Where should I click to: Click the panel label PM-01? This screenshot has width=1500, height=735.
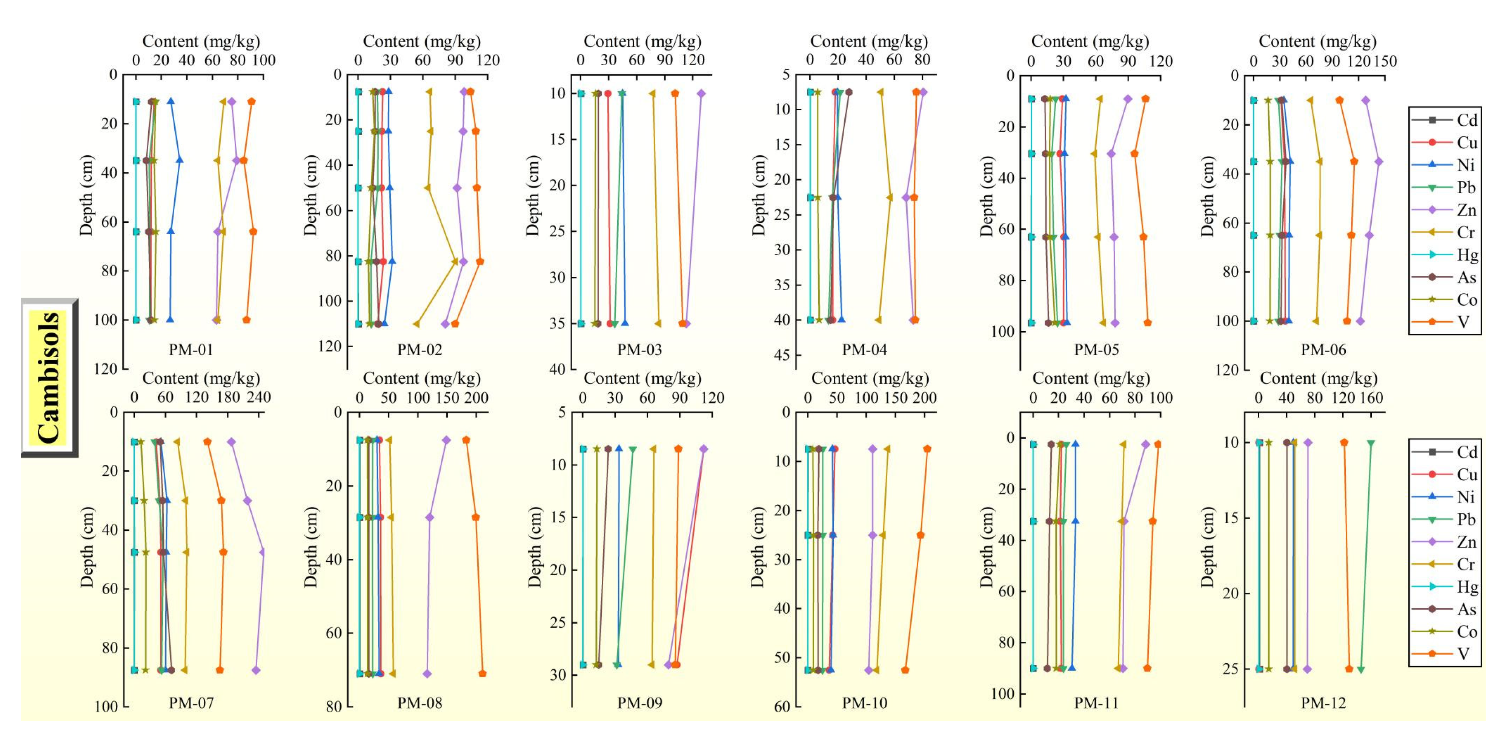[x=191, y=350]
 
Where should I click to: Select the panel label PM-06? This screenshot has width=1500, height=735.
[x=1323, y=350]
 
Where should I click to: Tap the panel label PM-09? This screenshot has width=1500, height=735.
[x=640, y=703]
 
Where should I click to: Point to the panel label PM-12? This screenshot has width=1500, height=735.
[x=1323, y=703]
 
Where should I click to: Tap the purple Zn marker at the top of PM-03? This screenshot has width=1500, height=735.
[x=701, y=93]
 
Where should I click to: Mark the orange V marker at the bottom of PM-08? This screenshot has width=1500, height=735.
[x=482, y=674]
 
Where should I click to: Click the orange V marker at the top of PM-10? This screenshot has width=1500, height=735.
[x=927, y=449]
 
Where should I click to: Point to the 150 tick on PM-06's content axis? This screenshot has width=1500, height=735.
[x=1385, y=61]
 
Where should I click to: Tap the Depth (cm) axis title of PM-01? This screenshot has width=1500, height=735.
[x=86, y=195]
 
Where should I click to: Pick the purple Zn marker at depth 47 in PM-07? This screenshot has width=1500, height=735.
[x=262, y=552]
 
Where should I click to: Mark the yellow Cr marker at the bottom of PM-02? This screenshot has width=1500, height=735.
[x=416, y=324]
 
